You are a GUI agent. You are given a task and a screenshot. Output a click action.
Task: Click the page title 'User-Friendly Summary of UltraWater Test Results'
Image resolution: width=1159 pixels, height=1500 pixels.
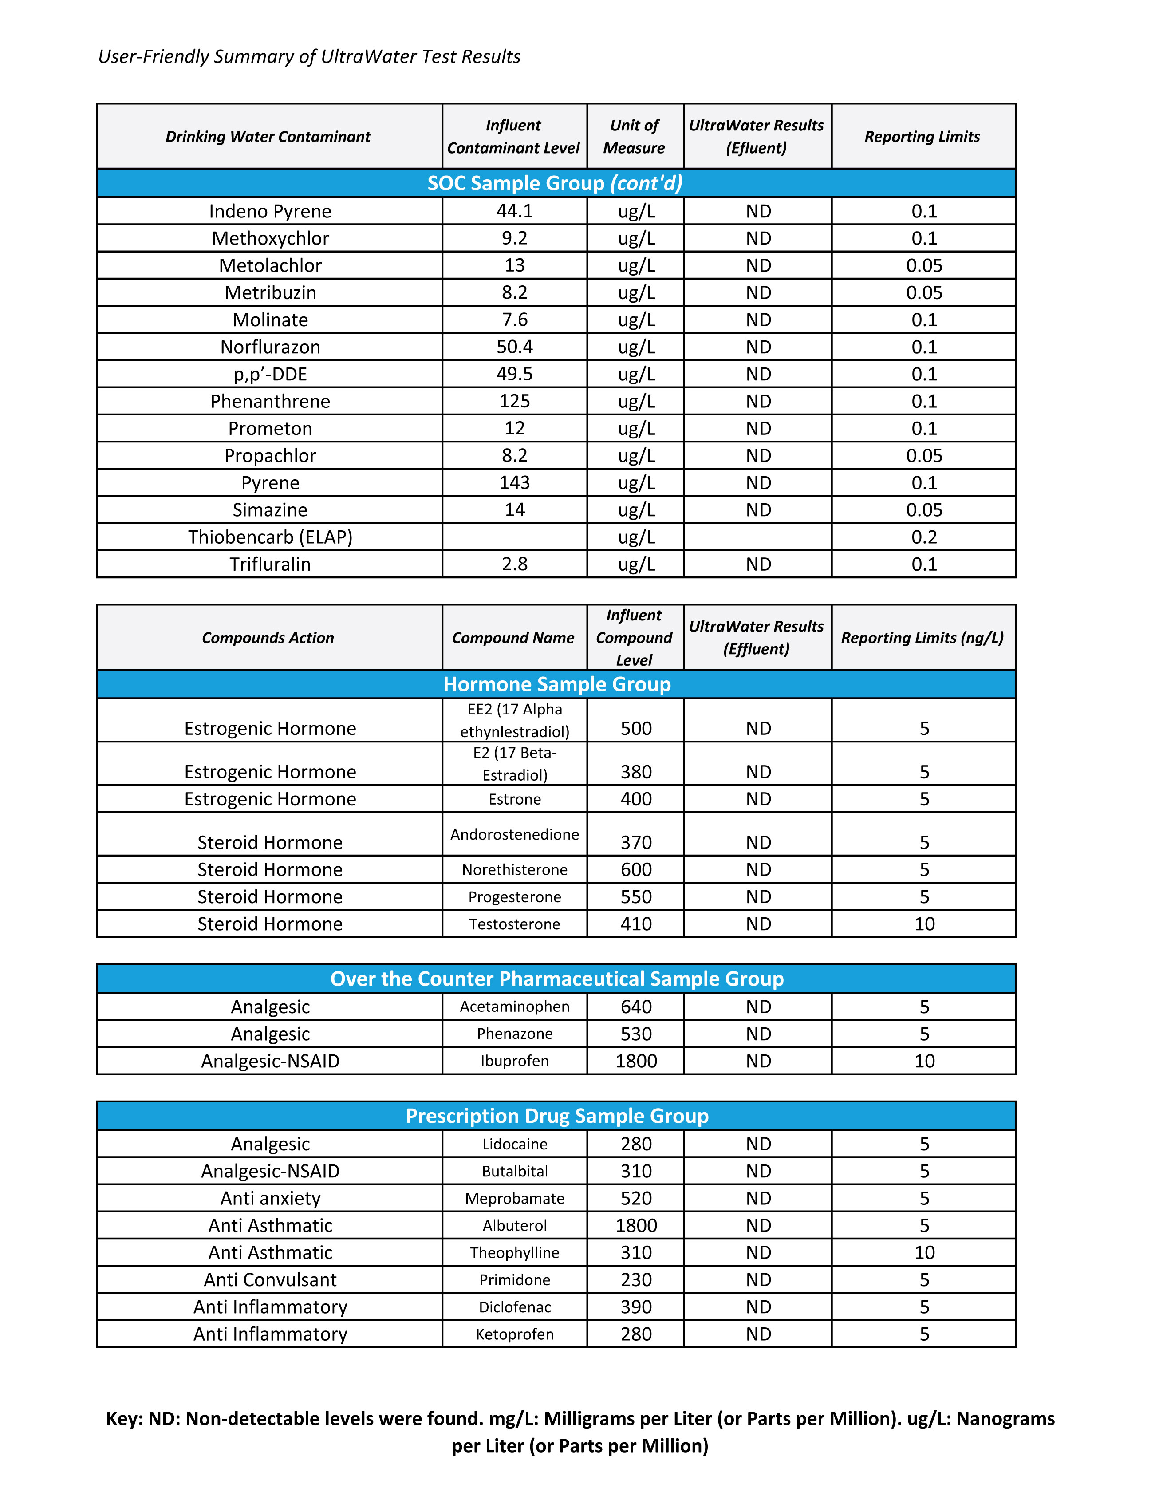coord(309,56)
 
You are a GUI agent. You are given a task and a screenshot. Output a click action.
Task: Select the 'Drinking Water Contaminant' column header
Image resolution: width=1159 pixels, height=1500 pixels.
coord(268,137)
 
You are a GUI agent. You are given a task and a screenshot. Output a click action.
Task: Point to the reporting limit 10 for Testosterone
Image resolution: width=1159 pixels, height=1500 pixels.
coord(924,924)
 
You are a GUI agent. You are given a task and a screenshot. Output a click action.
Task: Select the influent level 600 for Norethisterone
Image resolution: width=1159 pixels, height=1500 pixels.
coord(636,869)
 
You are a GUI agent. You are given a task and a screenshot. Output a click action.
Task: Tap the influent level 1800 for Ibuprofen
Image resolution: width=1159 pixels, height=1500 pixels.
coord(636,1061)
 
